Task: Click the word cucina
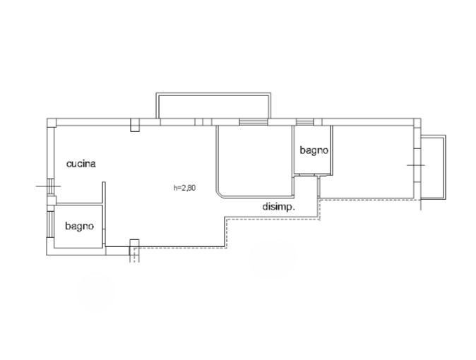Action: tap(81, 164)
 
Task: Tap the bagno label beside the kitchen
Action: tap(79, 227)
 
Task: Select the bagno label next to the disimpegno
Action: tap(314, 150)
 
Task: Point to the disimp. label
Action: tap(279, 207)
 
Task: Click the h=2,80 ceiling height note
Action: tap(184, 188)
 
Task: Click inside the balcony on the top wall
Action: tap(213, 107)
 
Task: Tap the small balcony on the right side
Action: tap(433, 167)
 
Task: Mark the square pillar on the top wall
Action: tap(135, 125)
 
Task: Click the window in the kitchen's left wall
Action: tap(50, 187)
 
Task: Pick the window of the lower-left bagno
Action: tap(50, 224)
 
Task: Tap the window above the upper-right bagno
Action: tap(305, 122)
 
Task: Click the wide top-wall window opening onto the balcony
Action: tap(254, 122)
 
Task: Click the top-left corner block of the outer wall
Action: tap(52, 123)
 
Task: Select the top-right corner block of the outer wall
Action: tap(417, 123)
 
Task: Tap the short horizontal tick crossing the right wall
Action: tap(415, 165)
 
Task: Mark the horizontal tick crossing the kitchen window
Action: tap(48, 186)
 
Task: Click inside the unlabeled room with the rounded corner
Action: tap(254, 161)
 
